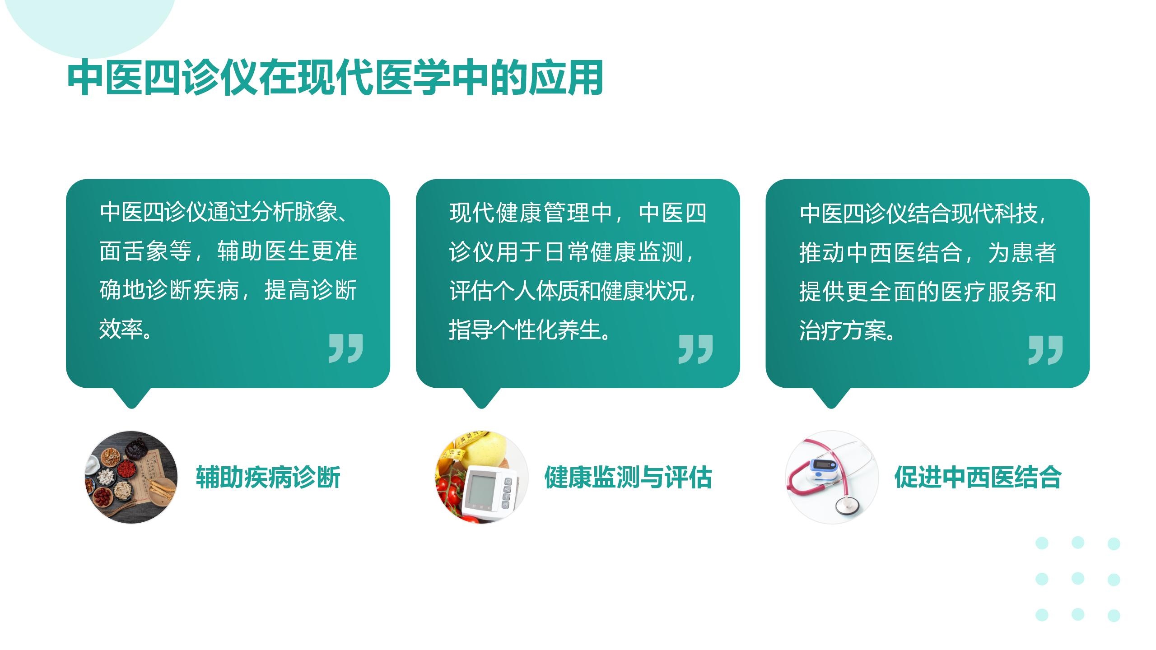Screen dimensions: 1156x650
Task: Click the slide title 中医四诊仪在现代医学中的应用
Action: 335,78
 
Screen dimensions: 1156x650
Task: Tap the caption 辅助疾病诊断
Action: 268,477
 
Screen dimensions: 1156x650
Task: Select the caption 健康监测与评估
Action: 628,477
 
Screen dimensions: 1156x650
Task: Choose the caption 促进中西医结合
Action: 978,477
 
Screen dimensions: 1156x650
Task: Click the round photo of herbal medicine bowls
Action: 131,477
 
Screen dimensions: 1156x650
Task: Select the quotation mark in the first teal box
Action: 345,348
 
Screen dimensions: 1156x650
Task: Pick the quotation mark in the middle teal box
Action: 695,349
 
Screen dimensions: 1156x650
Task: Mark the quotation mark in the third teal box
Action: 1045,350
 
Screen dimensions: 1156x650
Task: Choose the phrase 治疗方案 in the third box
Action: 843,330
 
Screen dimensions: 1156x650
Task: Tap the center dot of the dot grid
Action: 1078,578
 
